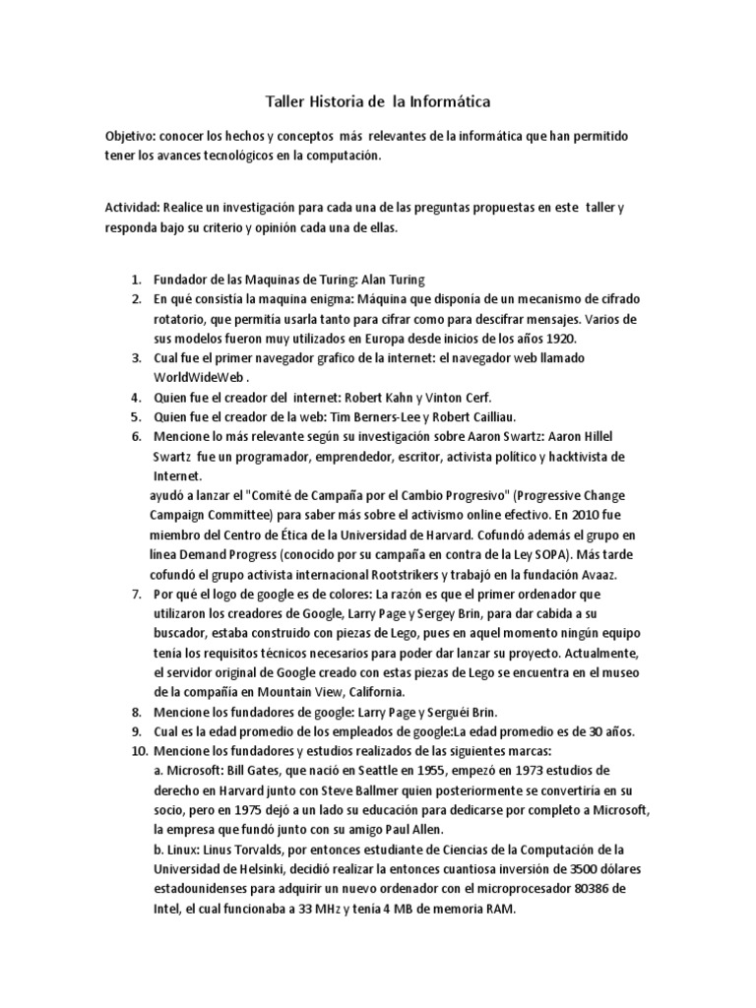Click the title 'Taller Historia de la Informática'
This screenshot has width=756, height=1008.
pos(378,100)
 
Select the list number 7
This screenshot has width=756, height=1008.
pos(137,594)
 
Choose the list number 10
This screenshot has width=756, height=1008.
pos(134,750)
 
